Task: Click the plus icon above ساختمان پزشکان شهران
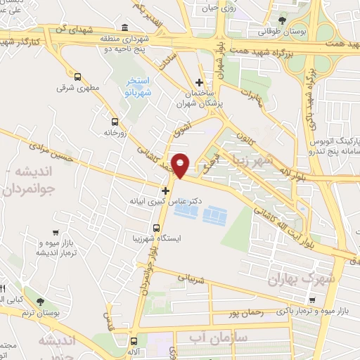(200, 83)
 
